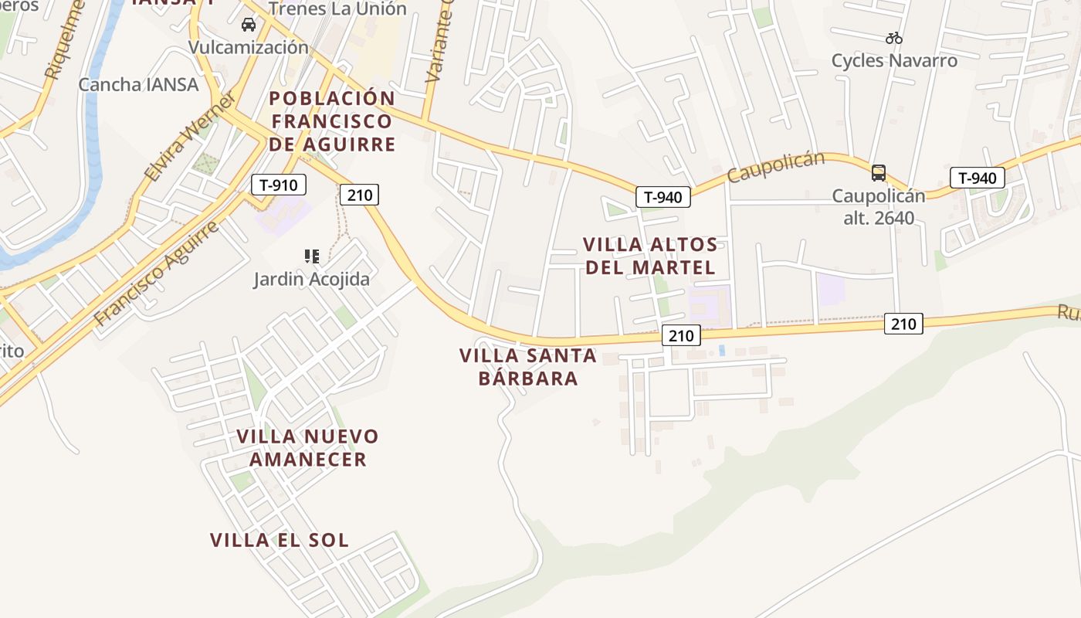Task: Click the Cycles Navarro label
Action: click(x=894, y=60)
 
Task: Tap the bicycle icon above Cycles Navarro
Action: click(x=894, y=37)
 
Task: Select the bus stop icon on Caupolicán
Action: click(x=879, y=173)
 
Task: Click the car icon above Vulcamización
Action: click(x=249, y=25)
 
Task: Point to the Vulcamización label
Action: click(x=249, y=47)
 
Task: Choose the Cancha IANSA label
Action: click(x=138, y=84)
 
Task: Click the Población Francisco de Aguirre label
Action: click(x=332, y=121)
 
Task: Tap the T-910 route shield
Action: click(x=279, y=185)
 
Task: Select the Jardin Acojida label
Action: click(x=311, y=279)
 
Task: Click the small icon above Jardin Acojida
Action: click(x=312, y=256)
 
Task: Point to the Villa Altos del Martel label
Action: click(x=650, y=256)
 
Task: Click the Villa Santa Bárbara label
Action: click(x=528, y=367)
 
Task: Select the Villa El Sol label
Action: click(x=280, y=540)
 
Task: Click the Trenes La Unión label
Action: click(x=337, y=9)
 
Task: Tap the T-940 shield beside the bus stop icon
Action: click(x=977, y=178)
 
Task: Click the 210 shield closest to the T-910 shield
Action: click(x=360, y=195)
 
